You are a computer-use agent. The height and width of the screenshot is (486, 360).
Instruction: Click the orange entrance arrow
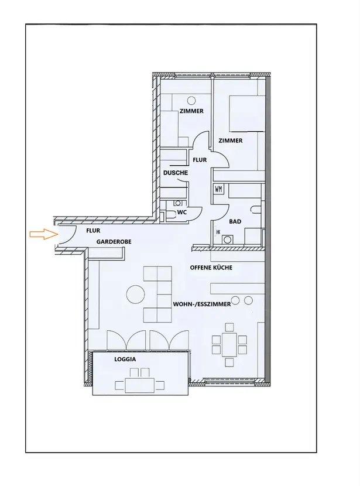tap(44, 234)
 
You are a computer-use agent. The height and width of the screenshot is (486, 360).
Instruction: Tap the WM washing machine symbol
tap(218, 189)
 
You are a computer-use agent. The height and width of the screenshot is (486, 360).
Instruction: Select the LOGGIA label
tap(125, 360)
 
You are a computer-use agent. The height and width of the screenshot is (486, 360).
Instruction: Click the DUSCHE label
tap(176, 173)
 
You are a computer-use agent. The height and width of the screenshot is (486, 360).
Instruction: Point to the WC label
tap(182, 213)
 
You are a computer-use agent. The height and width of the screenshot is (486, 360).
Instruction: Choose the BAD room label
tap(235, 221)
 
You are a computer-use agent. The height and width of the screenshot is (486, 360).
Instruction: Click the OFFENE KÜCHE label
tap(211, 268)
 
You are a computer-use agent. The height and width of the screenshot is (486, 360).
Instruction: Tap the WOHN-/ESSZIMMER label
tap(202, 304)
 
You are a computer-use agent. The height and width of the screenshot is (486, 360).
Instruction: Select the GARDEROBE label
tap(114, 241)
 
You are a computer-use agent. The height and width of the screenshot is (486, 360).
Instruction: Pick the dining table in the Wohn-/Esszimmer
tap(229, 344)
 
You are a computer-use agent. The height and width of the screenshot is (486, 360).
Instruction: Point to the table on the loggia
tap(140, 385)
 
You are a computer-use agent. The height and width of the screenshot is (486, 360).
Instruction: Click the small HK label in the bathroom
tap(218, 232)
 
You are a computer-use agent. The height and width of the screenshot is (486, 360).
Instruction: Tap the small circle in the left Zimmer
tap(192, 100)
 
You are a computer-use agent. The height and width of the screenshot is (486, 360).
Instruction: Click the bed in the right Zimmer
tap(247, 114)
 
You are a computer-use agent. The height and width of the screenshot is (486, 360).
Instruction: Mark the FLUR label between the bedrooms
tap(200, 160)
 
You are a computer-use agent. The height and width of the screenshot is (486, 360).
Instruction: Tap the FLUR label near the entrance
tap(93, 231)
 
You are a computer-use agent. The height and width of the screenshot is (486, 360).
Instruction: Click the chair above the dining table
tap(229, 327)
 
